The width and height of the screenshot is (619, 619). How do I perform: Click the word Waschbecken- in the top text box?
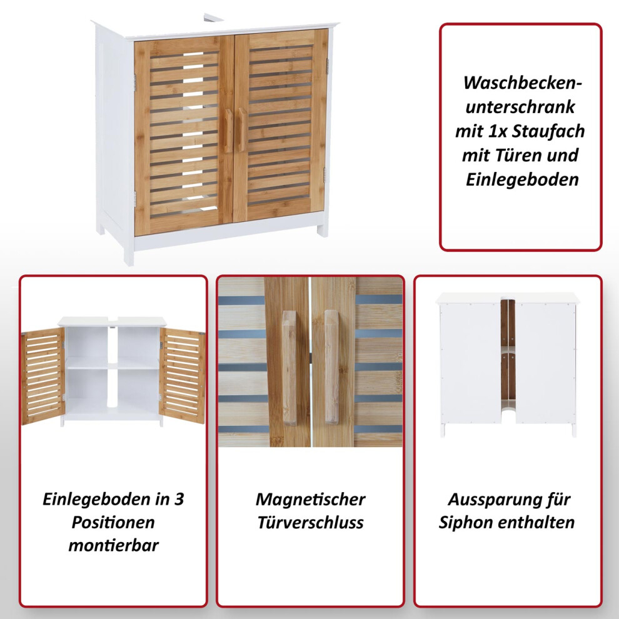pos(522,83)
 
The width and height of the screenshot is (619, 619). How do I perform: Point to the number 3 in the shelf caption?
pos(179,499)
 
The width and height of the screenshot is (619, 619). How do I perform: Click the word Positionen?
pos(113,522)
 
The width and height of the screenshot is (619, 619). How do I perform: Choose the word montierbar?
pos(113,545)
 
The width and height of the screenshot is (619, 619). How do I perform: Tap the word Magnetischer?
pos(310,500)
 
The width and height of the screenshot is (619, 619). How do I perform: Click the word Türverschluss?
pos(310,522)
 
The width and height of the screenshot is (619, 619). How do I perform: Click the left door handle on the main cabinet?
pos(228,131)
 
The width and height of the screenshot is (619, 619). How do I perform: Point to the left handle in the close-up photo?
pos(289,367)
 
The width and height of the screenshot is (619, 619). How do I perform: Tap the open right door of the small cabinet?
pos(183,375)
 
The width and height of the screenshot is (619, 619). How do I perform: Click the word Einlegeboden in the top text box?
pos(522,179)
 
